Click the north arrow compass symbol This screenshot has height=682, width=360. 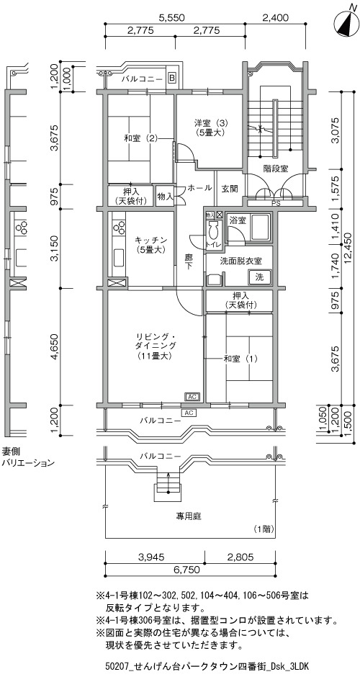tap(346, 22)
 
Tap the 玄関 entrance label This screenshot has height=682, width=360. tap(228, 189)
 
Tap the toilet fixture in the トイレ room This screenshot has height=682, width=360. tap(213, 229)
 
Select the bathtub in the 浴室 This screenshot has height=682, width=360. tap(260, 227)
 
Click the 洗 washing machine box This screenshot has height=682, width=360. tap(260, 277)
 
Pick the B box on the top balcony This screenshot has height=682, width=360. tap(172, 78)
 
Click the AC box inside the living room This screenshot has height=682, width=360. tap(192, 397)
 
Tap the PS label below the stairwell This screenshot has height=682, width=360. tap(275, 202)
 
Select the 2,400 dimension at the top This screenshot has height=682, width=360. tap(276, 18)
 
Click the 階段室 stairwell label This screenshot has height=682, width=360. tap(276, 169)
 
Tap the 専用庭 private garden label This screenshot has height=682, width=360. tap(188, 516)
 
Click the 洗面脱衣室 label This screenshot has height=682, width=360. tap(241, 261)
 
